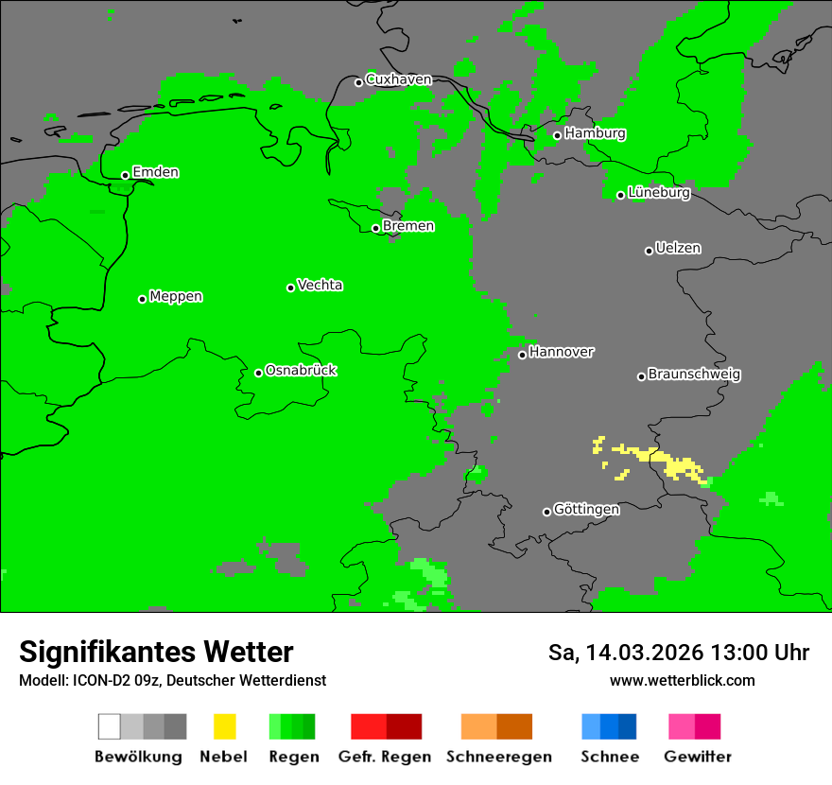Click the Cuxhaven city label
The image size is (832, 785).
[x=398, y=79]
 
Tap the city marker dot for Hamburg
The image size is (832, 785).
[x=558, y=135]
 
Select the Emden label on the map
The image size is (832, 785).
[x=155, y=172]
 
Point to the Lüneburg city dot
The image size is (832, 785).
[x=621, y=195]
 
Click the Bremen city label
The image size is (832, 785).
[x=408, y=226]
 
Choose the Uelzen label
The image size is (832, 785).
[x=678, y=248]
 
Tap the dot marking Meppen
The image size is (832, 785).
[x=143, y=299]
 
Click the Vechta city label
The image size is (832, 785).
[x=320, y=285]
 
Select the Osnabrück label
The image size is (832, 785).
[x=301, y=370]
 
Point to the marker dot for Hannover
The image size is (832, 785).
[x=522, y=355]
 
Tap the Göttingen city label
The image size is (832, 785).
[x=586, y=509]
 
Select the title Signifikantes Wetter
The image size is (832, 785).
[x=156, y=652]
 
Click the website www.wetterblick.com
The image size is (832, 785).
[x=682, y=680]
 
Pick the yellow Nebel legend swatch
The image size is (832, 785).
[x=224, y=726]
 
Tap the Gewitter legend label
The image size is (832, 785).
[x=697, y=757]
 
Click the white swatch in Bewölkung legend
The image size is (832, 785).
[x=110, y=726]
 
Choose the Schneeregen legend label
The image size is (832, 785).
[x=498, y=757]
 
